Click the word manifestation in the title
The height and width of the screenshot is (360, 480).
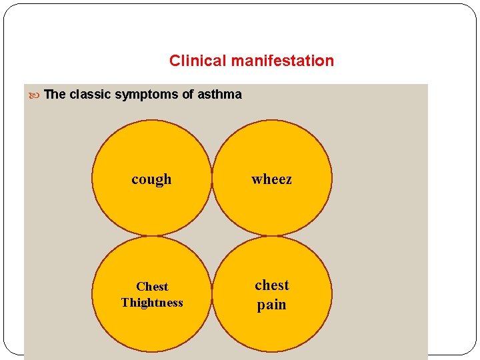click(282, 61)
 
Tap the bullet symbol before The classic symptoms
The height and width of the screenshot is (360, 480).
click(35, 95)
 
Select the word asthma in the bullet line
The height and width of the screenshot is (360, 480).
click(220, 94)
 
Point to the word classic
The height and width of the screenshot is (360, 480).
click(90, 94)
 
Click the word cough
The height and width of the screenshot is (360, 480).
click(151, 179)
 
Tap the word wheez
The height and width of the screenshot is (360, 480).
click(271, 179)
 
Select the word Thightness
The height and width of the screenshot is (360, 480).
click(152, 303)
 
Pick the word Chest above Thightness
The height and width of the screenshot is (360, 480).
click(152, 287)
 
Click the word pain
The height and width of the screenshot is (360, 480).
click(271, 305)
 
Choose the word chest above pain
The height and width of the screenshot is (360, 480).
click(271, 285)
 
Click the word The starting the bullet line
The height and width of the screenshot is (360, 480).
click(55, 94)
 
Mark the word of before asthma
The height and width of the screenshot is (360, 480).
click(186, 94)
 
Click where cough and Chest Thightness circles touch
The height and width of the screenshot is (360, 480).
click(152, 236)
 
